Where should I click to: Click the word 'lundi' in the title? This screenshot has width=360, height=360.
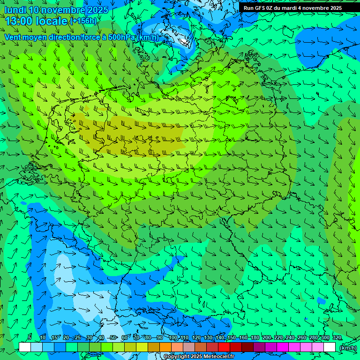coord(15,10)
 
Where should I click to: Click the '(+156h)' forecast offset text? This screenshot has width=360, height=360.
coord(83,21)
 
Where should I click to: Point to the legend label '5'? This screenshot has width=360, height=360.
coord(30,338)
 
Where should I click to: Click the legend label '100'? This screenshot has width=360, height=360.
coord(173,338)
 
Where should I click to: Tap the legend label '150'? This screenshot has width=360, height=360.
coord(232,338)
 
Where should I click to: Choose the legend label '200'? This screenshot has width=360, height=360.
coord(267,338)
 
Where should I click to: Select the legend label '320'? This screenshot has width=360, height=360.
coord(337,338)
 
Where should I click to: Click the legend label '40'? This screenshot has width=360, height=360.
coord(101,338)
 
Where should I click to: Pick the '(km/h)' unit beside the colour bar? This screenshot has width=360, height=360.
coord(347,348)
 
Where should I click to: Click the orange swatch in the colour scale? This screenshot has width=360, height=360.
coord(165,347)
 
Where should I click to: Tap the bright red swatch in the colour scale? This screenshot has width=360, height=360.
coord(224,347)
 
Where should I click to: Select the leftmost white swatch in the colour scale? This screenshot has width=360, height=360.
coord(25,347)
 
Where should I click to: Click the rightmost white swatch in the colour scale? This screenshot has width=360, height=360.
coord(330,347)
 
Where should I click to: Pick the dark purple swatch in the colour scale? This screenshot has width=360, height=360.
coord(259,347)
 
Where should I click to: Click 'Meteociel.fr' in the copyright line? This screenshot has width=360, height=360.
coord(218,357)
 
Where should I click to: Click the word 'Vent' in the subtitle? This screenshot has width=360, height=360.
coord(13,37)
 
